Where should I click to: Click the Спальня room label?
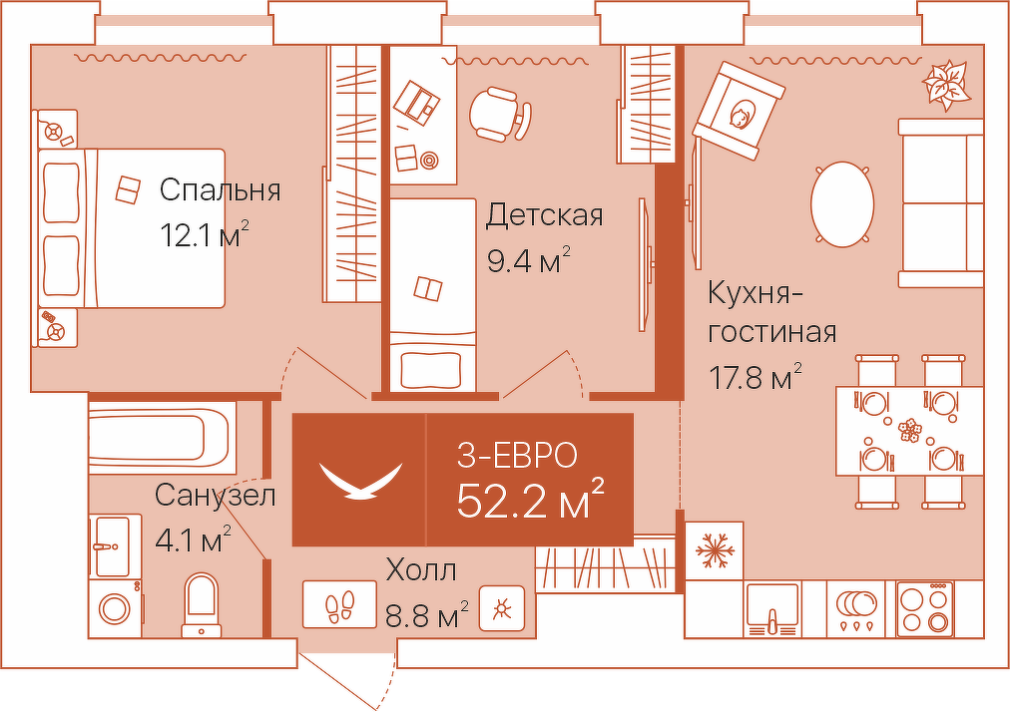pyautogui.click(x=220, y=189)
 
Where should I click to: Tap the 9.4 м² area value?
pyautogui.click(x=528, y=261)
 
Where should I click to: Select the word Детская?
pyautogui.click(x=544, y=214)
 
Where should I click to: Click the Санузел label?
pyautogui.click(x=215, y=495)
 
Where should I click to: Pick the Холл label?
pyautogui.click(x=421, y=571)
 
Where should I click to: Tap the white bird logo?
pyautogui.click(x=359, y=480)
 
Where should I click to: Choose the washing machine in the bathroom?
pyautogui.click(x=115, y=607)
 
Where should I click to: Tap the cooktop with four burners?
pyautogui.click(x=925, y=608)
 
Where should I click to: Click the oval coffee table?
pyautogui.click(x=842, y=204)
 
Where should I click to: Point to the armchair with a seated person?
pyautogui.click(x=741, y=109)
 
